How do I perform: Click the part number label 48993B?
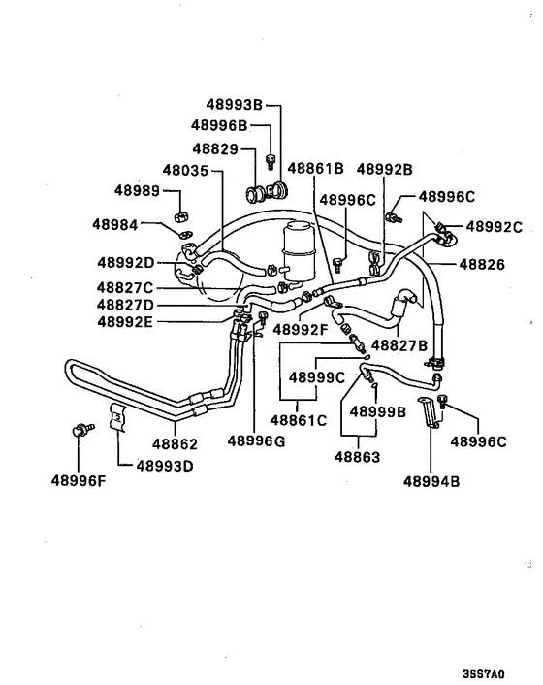pyautogui.click(x=234, y=105)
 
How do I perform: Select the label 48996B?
pyautogui.click(x=220, y=125)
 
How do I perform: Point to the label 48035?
pyautogui.click(x=186, y=170)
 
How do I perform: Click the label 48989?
pyautogui.click(x=137, y=190)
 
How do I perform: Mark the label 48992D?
pyautogui.click(x=126, y=262)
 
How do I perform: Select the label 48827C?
pyautogui.click(x=126, y=287)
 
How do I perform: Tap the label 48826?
pyautogui.click(x=482, y=263)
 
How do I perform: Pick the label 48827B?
pyautogui.click(x=399, y=345)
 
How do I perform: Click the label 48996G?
pyautogui.click(x=257, y=441)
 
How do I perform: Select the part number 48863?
pyautogui.click(x=360, y=456)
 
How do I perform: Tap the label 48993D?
pyautogui.click(x=165, y=465)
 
